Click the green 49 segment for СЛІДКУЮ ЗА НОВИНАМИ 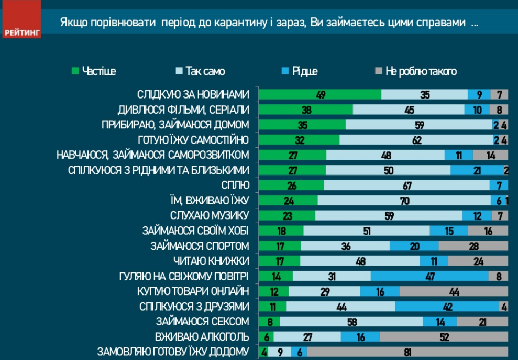tap(321, 95)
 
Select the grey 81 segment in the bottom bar tap(407, 352)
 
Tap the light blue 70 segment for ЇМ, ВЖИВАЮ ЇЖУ tap(404, 200)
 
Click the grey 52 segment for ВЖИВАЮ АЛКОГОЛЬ tap(444, 337)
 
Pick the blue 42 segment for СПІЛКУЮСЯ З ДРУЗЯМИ tap(447, 307)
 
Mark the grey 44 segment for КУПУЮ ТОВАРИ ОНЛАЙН tap(454, 291)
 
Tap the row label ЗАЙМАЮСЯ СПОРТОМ tap(200, 246)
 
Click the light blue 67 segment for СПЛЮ tap(406, 185)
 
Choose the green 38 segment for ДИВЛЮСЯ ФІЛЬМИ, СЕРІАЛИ tap(306, 110)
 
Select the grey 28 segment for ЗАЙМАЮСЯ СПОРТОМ tap(473, 246)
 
